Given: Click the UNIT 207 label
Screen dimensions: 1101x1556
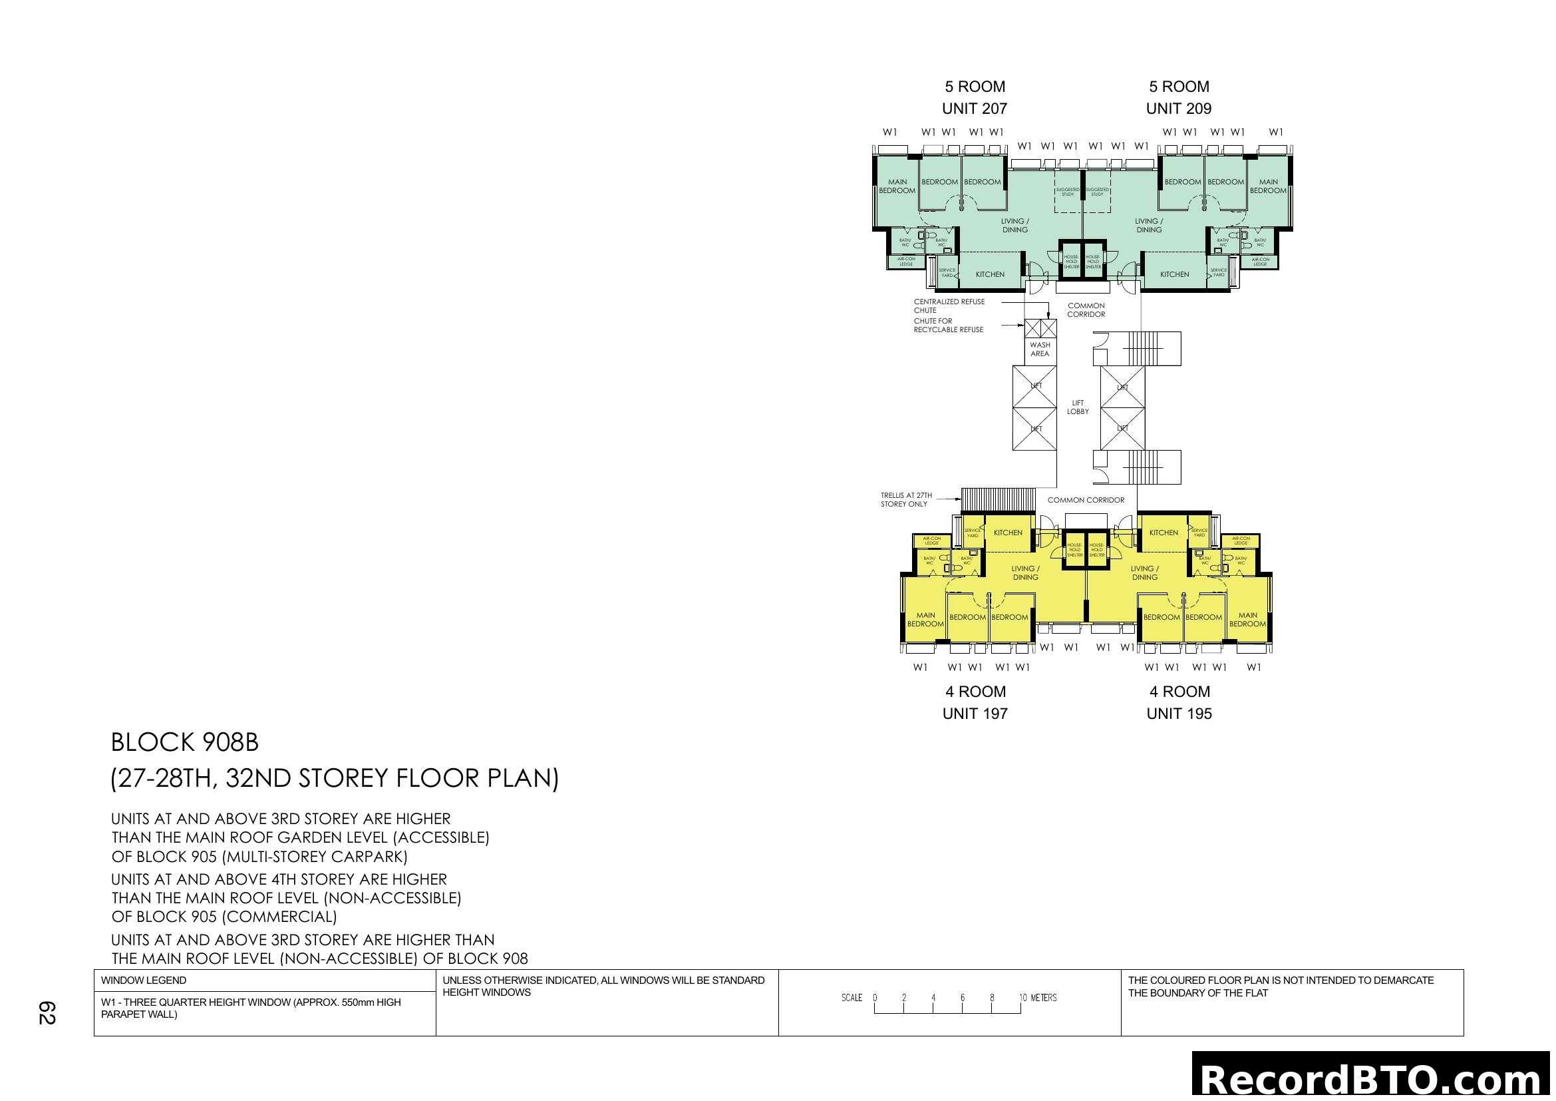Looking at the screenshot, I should pos(975,109).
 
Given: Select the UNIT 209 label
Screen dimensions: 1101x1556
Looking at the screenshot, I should pos(1179,109).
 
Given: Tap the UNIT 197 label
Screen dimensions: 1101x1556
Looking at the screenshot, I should pos(975,713).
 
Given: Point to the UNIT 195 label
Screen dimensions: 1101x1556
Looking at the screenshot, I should pos(1179,713).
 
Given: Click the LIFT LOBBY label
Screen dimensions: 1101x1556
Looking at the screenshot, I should pos(1078,407).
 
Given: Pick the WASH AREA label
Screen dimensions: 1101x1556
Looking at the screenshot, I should pos(1040,349).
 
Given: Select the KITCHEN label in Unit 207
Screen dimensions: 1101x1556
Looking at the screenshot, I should pos(990,274).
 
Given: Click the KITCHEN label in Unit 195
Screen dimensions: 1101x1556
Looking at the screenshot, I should pos(1164,533).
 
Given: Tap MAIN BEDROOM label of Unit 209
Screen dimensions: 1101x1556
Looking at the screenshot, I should pos(1268,186).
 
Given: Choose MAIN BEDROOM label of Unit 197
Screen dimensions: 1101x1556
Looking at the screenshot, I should pos(926,620).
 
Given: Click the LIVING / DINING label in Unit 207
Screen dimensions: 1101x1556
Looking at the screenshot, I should pos(1015,226).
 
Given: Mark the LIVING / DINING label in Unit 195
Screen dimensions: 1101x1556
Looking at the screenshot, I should pos(1145,573).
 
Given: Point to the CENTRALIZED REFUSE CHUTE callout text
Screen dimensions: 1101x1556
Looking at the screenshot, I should pos(949,306).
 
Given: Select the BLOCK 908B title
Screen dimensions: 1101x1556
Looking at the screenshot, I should pos(185,742).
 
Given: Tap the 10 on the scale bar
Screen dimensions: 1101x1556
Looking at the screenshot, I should pos(1022,998).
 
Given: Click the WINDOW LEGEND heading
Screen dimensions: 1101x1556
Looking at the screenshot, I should pos(144,981).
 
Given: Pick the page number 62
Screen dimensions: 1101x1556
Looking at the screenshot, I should pos(47,1013).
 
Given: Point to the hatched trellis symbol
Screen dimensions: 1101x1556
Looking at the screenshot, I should pos(998,501).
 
